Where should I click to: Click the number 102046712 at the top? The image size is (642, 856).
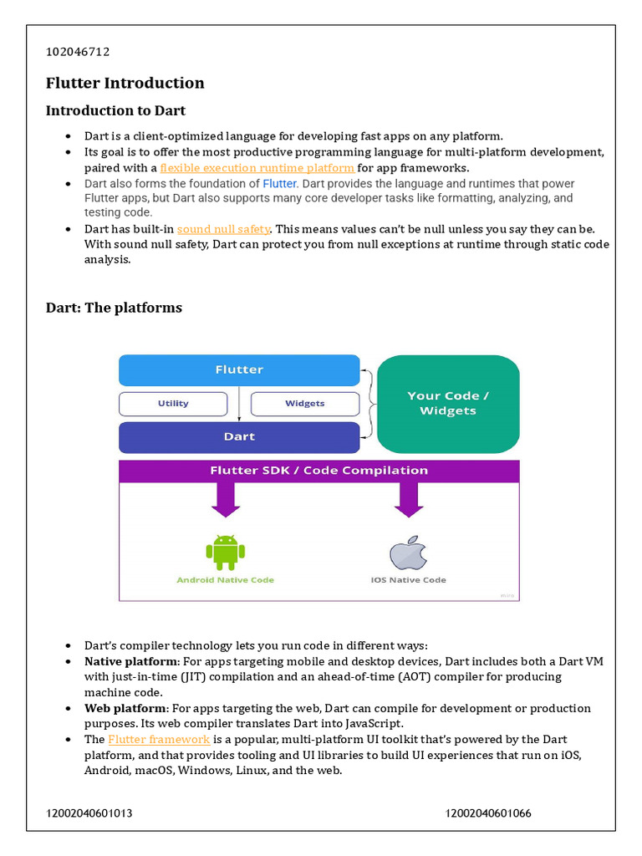click(x=78, y=52)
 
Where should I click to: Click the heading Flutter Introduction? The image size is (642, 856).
click(x=125, y=83)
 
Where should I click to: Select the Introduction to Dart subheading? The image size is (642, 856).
click(x=115, y=110)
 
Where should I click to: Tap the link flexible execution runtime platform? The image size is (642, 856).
click(x=257, y=167)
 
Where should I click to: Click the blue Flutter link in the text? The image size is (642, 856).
click(x=280, y=183)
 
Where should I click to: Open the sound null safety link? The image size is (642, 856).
click(x=223, y=228)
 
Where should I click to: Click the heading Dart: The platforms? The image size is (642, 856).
click(x=114, y=308)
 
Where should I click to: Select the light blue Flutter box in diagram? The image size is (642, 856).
click(x=239, y=369)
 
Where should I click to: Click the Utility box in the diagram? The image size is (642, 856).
click(x=173, y=404)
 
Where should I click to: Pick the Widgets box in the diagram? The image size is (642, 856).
click(x=304, y=404)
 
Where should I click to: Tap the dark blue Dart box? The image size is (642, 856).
click(x=239, y=437)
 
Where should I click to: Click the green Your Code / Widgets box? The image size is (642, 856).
click(x=448, y=403)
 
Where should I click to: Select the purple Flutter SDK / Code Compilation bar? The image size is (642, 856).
click(x=318, y=471)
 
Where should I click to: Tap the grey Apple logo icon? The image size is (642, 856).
click(x=408, y=553)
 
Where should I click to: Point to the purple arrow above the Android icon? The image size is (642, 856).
click(x=225, y=501)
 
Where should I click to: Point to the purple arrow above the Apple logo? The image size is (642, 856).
click(x=408, y=501)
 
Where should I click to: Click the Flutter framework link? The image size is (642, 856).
click(x=159, y=739)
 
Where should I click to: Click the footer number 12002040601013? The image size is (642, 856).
click(x=89, y=813)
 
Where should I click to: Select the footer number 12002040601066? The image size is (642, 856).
click(x=488, y=813)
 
